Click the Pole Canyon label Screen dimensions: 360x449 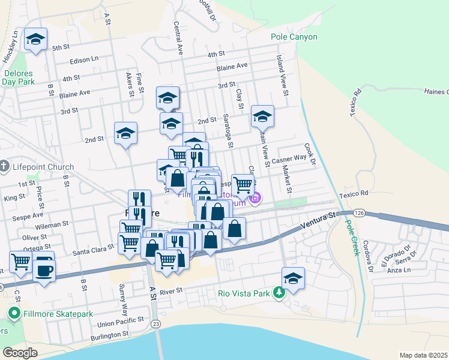pyautogui.click(x=294, y=37)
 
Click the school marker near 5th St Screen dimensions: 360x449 pyautogui.click(x=35, y=40)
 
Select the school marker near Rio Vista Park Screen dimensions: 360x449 pyautogui.click(x=293, y=278)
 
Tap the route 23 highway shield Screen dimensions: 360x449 pyautogui.click(x=155, y=324)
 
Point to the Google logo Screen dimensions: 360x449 pyautogui.click(x=20, y=353)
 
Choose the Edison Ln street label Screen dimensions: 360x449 pyautogui.click(x=84, y=59)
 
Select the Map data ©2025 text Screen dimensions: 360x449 pyautogui.click(x=424, y=355)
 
